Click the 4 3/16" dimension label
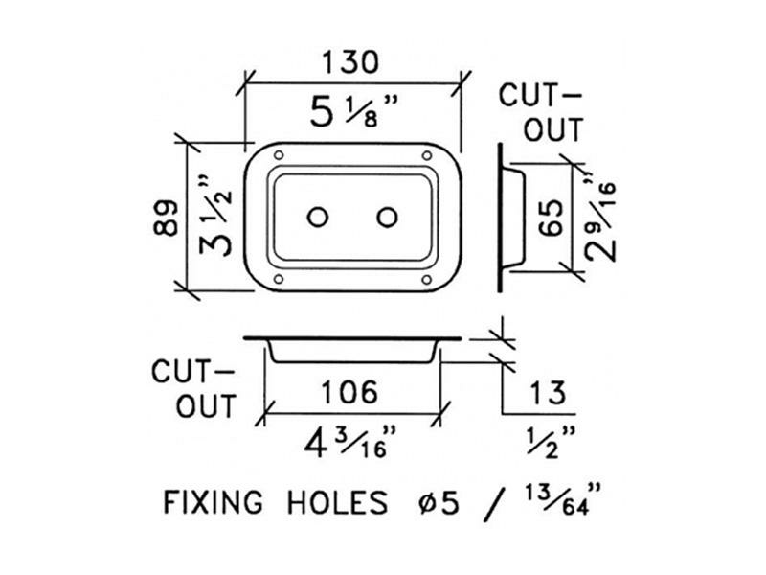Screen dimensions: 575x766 point(349,442)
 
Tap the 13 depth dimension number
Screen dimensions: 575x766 point(549,391)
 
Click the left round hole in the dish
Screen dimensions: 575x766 point(316,218)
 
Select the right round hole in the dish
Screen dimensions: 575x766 point(387,218)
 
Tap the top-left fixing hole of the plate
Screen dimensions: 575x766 point(279,156)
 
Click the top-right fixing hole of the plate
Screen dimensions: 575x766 point(426,156)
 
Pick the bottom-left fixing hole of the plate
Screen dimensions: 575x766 point(279,280)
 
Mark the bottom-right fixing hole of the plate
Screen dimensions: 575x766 point(426,280)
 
